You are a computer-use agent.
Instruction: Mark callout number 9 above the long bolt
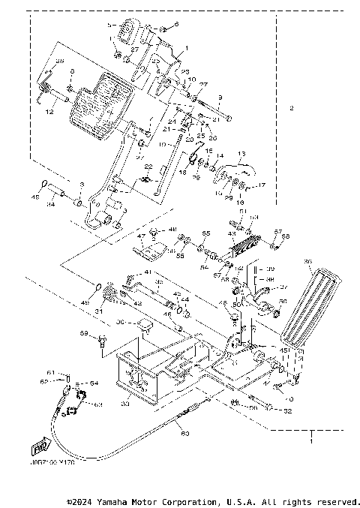coord(220,98)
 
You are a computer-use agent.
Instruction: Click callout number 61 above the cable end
coord(52,372)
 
